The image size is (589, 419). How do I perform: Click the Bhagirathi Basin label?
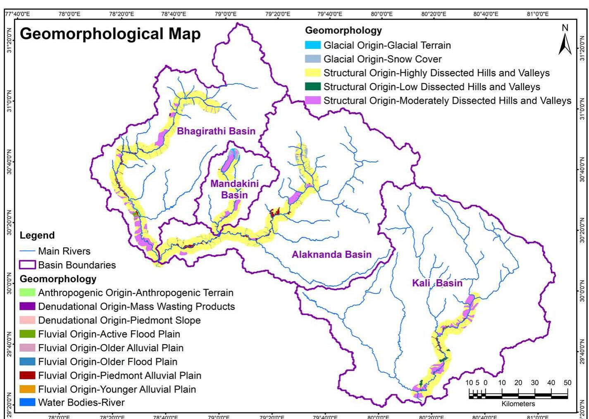pyautogui.click(x=216, y=131)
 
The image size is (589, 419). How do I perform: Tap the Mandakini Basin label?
pyautogui.click(x=234, y=189)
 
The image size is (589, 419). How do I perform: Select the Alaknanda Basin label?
pyautogui.click(x=331, y=255)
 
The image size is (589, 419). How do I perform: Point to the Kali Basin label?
pyautogui.click(x=437, y=283)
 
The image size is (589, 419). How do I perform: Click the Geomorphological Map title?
pyautogui.click(x=110, y=34)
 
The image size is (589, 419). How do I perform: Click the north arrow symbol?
pyautogui.click(x=565, y=40)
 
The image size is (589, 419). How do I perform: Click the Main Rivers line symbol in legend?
pyautogui.click(x=27, y=251)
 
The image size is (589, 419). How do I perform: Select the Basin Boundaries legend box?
pyautogui.click(x=27, y=265)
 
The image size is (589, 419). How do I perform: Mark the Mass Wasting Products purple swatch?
pyautogui.click(x=27, y=307)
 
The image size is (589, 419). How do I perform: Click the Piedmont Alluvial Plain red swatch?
pyautogui.click(x=27, y=376)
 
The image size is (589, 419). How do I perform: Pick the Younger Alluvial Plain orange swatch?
pyautogui.click(x=27, y=389)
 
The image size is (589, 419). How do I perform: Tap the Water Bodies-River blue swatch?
pyautogui.click(x=27, y=402)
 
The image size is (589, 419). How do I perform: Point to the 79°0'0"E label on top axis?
pyautogui.click(x=226, y=14)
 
